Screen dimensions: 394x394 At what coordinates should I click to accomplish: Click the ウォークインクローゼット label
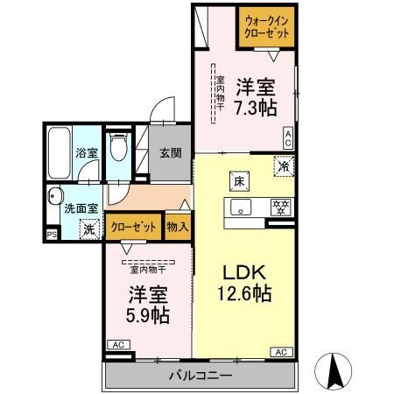point(267,26)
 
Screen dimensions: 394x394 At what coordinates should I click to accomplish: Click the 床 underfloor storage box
point(238,181)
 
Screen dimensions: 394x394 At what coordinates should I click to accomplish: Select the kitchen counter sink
point(239,208)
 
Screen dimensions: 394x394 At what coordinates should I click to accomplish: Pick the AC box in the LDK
point(281,352)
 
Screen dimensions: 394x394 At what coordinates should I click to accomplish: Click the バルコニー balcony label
point(201,376)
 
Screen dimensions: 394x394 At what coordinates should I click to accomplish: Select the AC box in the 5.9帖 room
point(116,344)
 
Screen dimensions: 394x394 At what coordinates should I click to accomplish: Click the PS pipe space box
point(50,235)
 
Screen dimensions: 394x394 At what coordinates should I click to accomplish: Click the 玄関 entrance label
point(170,151)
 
